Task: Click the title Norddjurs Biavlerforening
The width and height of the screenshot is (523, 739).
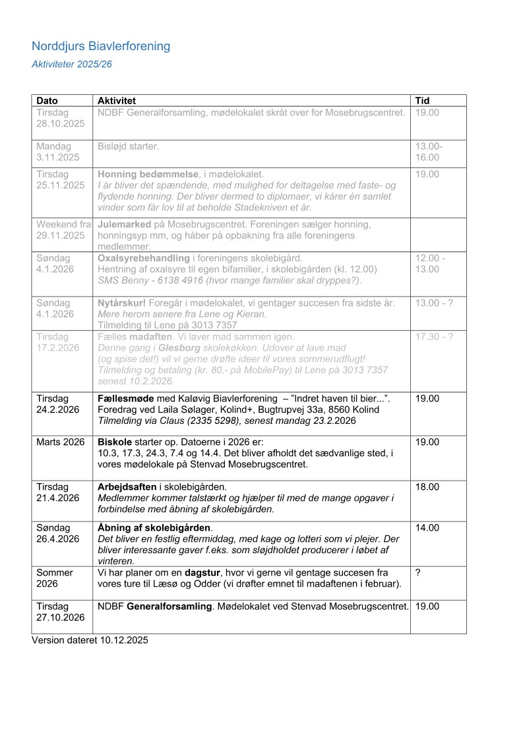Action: click(x=101, y=46)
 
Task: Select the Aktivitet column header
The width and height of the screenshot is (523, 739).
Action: click(x=117, y=101)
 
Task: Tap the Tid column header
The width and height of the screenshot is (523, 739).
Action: click(x=422, y=101)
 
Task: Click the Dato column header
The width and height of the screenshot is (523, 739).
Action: click(x=47, y=101)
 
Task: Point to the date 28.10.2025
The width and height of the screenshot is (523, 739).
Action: click(x=61, y=124)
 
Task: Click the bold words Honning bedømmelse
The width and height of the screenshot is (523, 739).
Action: click(x=148, y=174)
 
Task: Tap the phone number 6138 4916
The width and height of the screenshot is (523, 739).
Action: click(x=166, y=280)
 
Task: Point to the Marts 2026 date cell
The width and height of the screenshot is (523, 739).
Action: click(x=61, y=441)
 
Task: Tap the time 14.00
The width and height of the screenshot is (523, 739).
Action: click(x=427, y=527)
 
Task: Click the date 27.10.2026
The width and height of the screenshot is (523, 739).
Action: click(x=61, y=617)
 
